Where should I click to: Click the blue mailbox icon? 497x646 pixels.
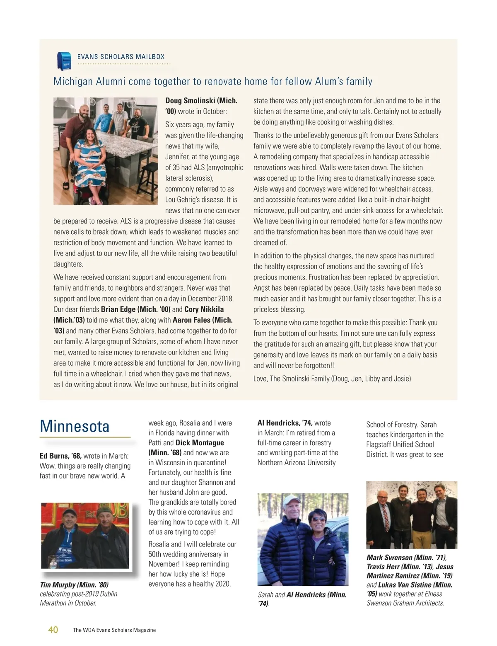[x=64, y=61]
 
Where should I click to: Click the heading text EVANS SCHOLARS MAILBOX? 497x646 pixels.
[x=121, y=57]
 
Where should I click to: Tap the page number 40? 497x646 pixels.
[x=53, y=629]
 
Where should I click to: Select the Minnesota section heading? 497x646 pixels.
[x=75, y=426]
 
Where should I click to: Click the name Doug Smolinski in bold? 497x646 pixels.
[x=189, y=101]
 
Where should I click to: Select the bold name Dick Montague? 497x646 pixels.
[x=200, y=443]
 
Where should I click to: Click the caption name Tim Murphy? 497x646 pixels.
[x=58, y=585]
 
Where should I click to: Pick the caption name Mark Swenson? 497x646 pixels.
[x=389, y=558]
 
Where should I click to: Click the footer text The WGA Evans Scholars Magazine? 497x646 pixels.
[x=114, y=630]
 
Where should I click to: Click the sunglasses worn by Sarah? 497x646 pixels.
[x=318, y=519]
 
